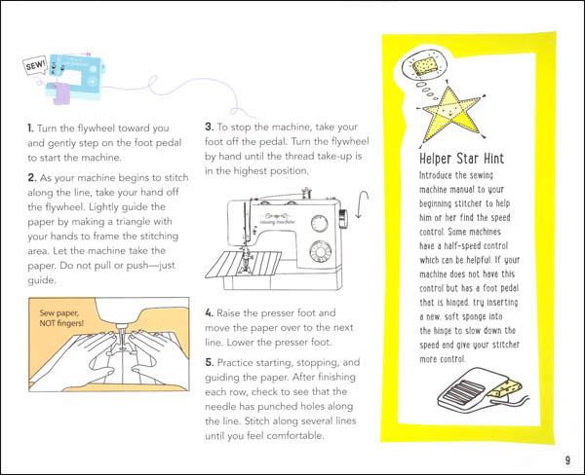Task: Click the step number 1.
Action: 30,128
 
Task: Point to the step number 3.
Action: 209,128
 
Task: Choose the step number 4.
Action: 209,314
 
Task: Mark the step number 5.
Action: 209,362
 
